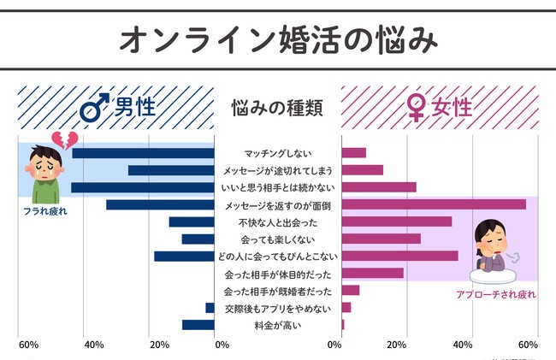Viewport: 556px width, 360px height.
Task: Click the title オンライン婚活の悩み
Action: (277, 38)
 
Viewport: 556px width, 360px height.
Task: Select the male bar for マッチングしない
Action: (143, 153)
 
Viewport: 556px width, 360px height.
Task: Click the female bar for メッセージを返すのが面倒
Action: (434, 204)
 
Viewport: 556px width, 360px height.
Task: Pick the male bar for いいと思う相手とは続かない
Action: (143, 187)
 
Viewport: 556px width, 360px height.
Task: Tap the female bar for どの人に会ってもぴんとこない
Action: (399, 256)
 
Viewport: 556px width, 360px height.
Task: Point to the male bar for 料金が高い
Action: (198, 325)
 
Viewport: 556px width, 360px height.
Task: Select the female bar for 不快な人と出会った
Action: (397, 221)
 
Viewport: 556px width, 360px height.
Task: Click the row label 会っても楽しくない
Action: (277, 239)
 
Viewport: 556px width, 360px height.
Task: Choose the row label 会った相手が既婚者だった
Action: (277, 291)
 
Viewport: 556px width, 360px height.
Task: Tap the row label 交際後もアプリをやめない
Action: (277, 308)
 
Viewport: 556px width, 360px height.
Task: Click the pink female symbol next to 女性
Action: (416, 109)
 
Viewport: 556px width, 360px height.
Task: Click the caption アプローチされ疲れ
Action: (496, 294)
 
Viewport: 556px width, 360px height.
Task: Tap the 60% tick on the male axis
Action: (28, 345)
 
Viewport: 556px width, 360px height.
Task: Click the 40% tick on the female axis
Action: (462, 345)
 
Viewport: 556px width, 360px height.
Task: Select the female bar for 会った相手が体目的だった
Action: (372, 274)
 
